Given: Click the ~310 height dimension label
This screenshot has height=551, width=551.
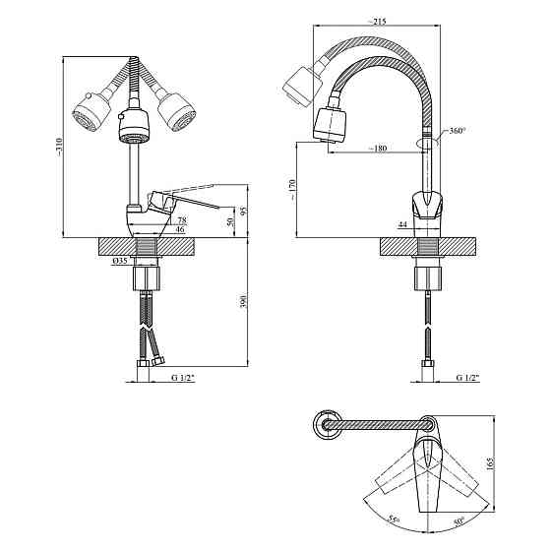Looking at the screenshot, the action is click(59, 147).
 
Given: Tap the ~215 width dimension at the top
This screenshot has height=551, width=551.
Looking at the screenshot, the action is click(377, 22).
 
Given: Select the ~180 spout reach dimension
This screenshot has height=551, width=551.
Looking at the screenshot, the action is click(378, 149).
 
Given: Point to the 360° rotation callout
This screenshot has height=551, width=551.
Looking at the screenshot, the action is click(458, 131).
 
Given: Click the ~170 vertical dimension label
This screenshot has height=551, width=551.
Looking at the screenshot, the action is click(293, 190).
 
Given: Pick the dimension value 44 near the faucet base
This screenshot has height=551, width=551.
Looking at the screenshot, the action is click(402, 224).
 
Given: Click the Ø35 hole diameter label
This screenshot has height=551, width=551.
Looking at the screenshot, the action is click(120, 261).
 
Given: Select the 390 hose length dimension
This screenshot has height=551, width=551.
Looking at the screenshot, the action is click(245, 301).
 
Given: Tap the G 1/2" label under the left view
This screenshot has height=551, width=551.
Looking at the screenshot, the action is click(183, 378).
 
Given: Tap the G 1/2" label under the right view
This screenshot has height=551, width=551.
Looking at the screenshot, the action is click(467, 378).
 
